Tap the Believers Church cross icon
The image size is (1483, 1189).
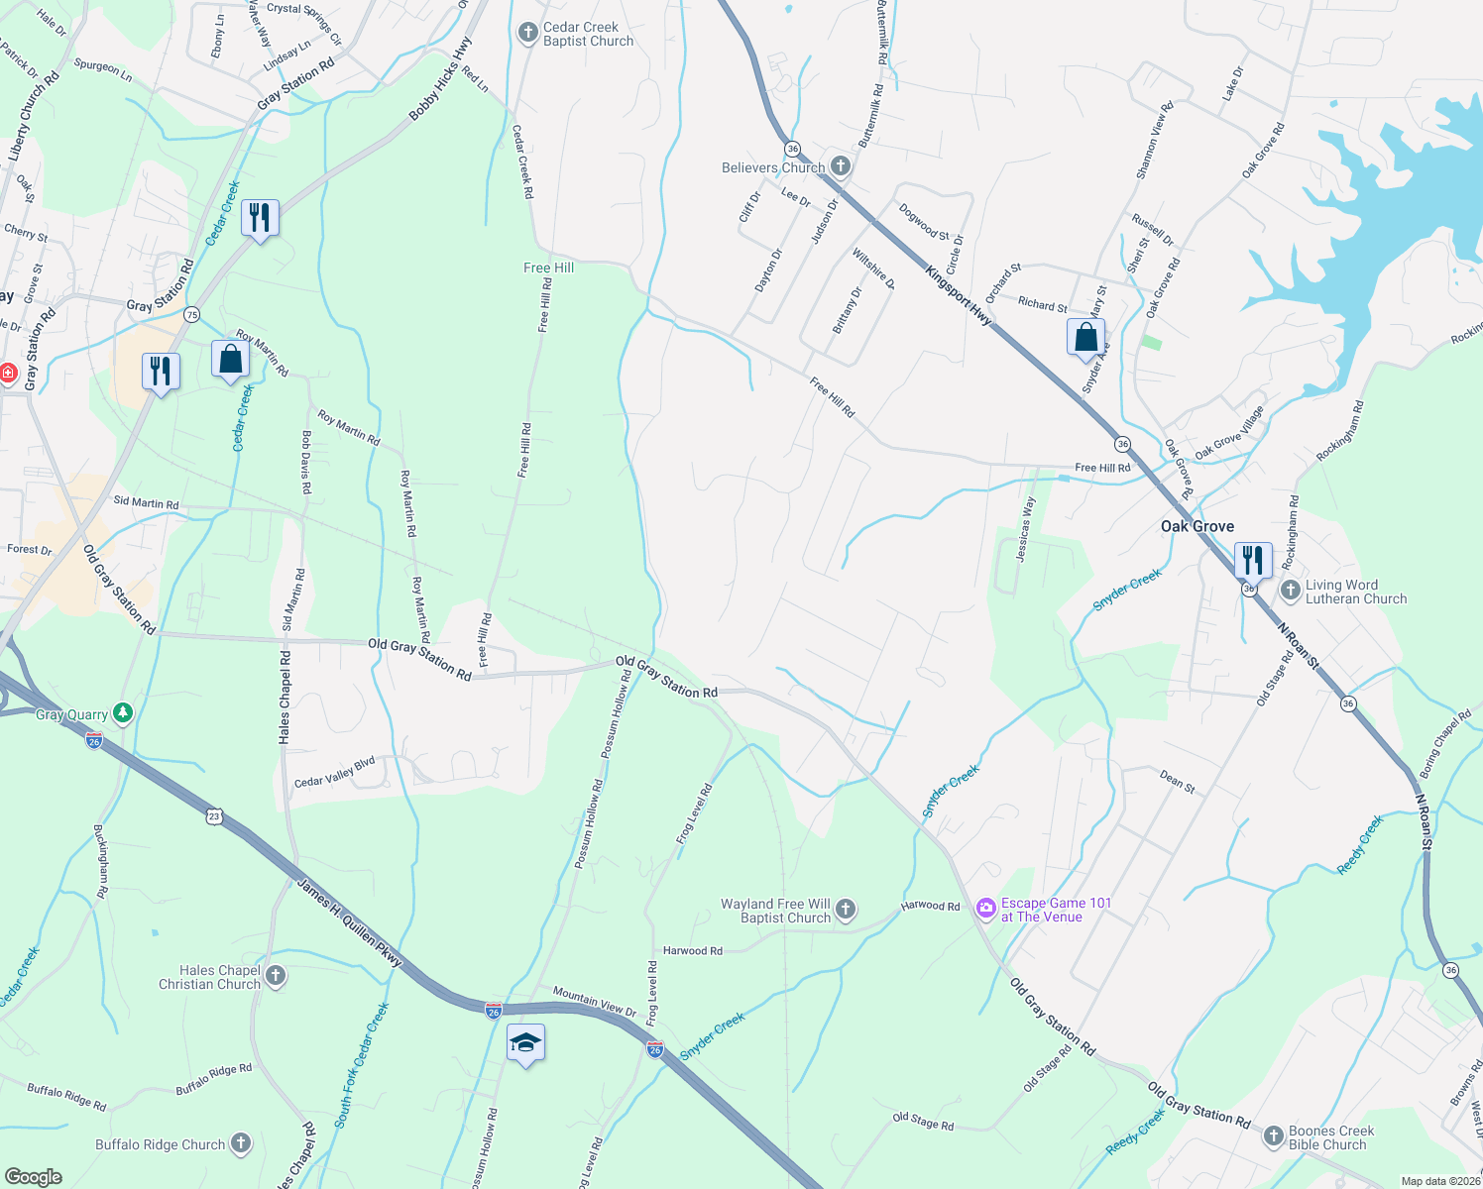point(841,166)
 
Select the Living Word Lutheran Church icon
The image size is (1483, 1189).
point(1290,592)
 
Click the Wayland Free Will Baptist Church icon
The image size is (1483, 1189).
point(846,910)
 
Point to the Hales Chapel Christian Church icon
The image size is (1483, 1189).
point(276,976)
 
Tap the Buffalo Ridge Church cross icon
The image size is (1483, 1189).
point(241,1143)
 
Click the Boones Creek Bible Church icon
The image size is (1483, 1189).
point(1274,1136)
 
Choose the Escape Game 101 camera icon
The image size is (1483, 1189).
point(985,908)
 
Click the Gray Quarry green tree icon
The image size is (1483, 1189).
point(123,713)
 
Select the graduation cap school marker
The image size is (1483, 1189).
point(525,1043)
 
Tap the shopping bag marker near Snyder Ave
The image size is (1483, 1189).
point(1086,337)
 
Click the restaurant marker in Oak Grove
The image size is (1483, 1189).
point(1253,560)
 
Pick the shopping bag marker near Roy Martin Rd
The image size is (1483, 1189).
point(230,359)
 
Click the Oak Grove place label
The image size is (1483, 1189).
point(1198,526)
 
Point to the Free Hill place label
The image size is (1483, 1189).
point(548,268)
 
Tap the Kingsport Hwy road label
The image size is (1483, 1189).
point(959,295)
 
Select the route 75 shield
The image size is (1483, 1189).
point(192,315)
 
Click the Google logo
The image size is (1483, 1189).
point(34,1176)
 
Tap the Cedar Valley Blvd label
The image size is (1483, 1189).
point(335,772)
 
